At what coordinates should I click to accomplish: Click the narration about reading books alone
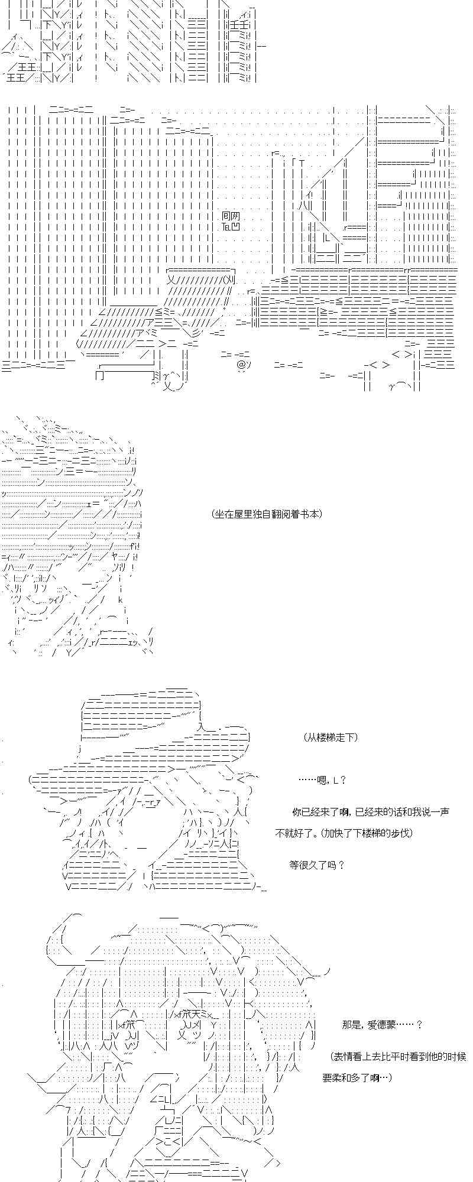pyautogui.click(x=266, y=514)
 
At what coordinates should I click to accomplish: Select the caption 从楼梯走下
pyautogui.click(x=331, y=737)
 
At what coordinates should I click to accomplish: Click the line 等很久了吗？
pyautogui.click(x=316, y=865)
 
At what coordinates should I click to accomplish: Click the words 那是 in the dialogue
pyautogui.click(x=350, y=1025)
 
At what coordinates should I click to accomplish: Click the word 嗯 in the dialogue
pyautogui.click(x=322, y=780)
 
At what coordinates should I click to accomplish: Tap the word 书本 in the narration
pyautogui.click(x=310, y=514)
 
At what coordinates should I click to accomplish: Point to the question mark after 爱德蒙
pyautogui.click(x=420, y=1025)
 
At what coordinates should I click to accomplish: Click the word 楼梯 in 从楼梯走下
pyautogui.click(x=326, y=737)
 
